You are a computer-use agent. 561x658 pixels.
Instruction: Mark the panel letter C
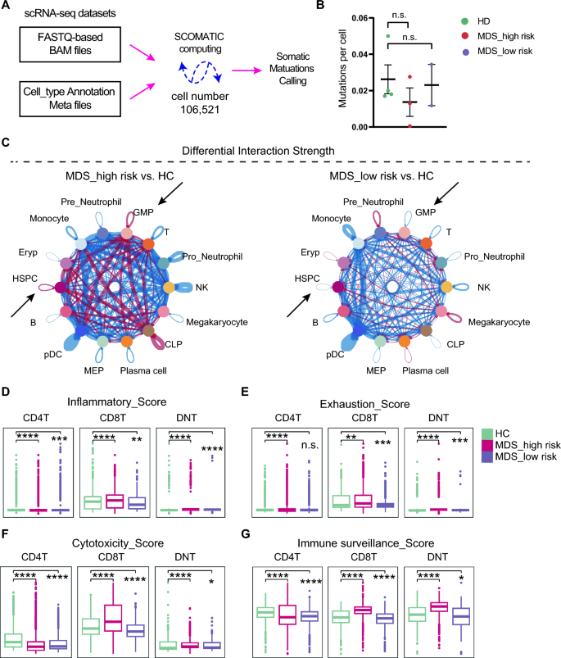[x=7, y=142]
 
